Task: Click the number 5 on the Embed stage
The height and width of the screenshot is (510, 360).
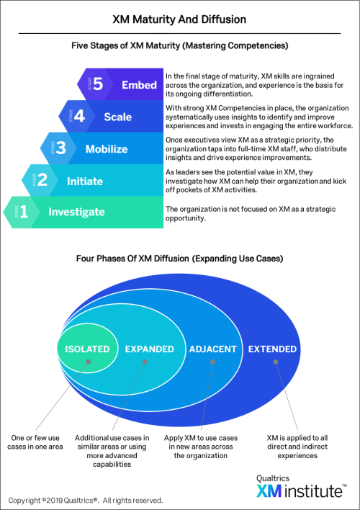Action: (x=98, y=84)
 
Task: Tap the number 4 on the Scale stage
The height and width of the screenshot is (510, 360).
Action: (x=79, y=116)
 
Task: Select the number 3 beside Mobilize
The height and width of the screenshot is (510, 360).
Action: (x=60, y=148)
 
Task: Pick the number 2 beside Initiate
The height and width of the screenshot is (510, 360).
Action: (x=42, y=180)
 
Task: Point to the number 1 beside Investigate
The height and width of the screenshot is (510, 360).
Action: (x=24, y=212)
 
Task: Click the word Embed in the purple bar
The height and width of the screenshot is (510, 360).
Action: (x=139, y=85)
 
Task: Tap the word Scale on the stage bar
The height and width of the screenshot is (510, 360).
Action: (x=118, y=117)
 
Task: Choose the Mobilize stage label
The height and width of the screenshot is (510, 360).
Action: (x=107, y=149)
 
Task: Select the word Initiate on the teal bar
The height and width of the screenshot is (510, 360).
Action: (x=85, y=182)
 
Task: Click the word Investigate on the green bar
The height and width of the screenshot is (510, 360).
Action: (x=76, y=212)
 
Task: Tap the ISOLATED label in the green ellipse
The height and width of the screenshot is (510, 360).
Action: (x=87, y=349)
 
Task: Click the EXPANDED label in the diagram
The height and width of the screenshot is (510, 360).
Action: (x=150, y=349)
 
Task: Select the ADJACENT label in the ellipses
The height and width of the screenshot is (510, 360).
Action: (x=212, y=349)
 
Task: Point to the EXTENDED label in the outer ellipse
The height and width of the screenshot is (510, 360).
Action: (x=273, y=349)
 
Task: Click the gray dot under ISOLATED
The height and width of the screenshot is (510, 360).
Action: (x=88, y=362)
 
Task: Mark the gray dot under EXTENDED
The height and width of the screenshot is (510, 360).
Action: (x=276, y=362)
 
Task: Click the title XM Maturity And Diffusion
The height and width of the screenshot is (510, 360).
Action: (x=179, y=19)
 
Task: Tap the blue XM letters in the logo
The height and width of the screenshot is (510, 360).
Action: (x=269, y=491)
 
